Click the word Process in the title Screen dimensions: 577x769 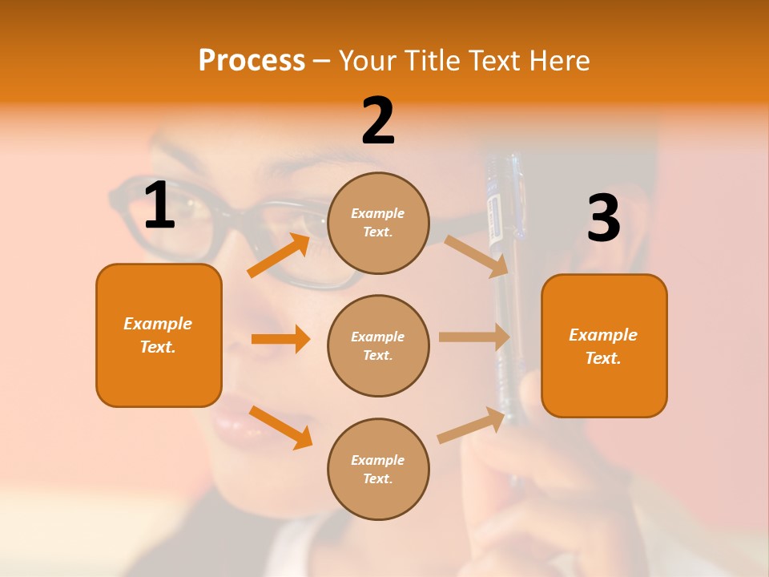(252, 60)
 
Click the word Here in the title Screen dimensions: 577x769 (556, 60)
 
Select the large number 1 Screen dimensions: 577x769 (159, 206)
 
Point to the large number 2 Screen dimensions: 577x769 (378, 121)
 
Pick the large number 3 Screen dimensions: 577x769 (603, 219)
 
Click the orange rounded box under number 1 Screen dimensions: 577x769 (159, 335)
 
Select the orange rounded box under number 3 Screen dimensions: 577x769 (604, 345)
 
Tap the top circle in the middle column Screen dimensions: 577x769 (378, 223)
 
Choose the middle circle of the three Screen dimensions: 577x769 (378, 345)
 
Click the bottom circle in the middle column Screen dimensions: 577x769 (378, 469)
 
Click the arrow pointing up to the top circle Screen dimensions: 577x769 (279, 256)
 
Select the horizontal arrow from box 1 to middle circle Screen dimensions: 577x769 (280, 339)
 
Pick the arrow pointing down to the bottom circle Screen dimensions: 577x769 (280, 427)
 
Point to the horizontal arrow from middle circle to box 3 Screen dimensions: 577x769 (474, 337)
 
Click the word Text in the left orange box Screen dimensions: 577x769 (158, 347)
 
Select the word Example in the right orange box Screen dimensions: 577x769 (603, 335)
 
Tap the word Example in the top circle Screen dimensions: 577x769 (378, 213)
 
